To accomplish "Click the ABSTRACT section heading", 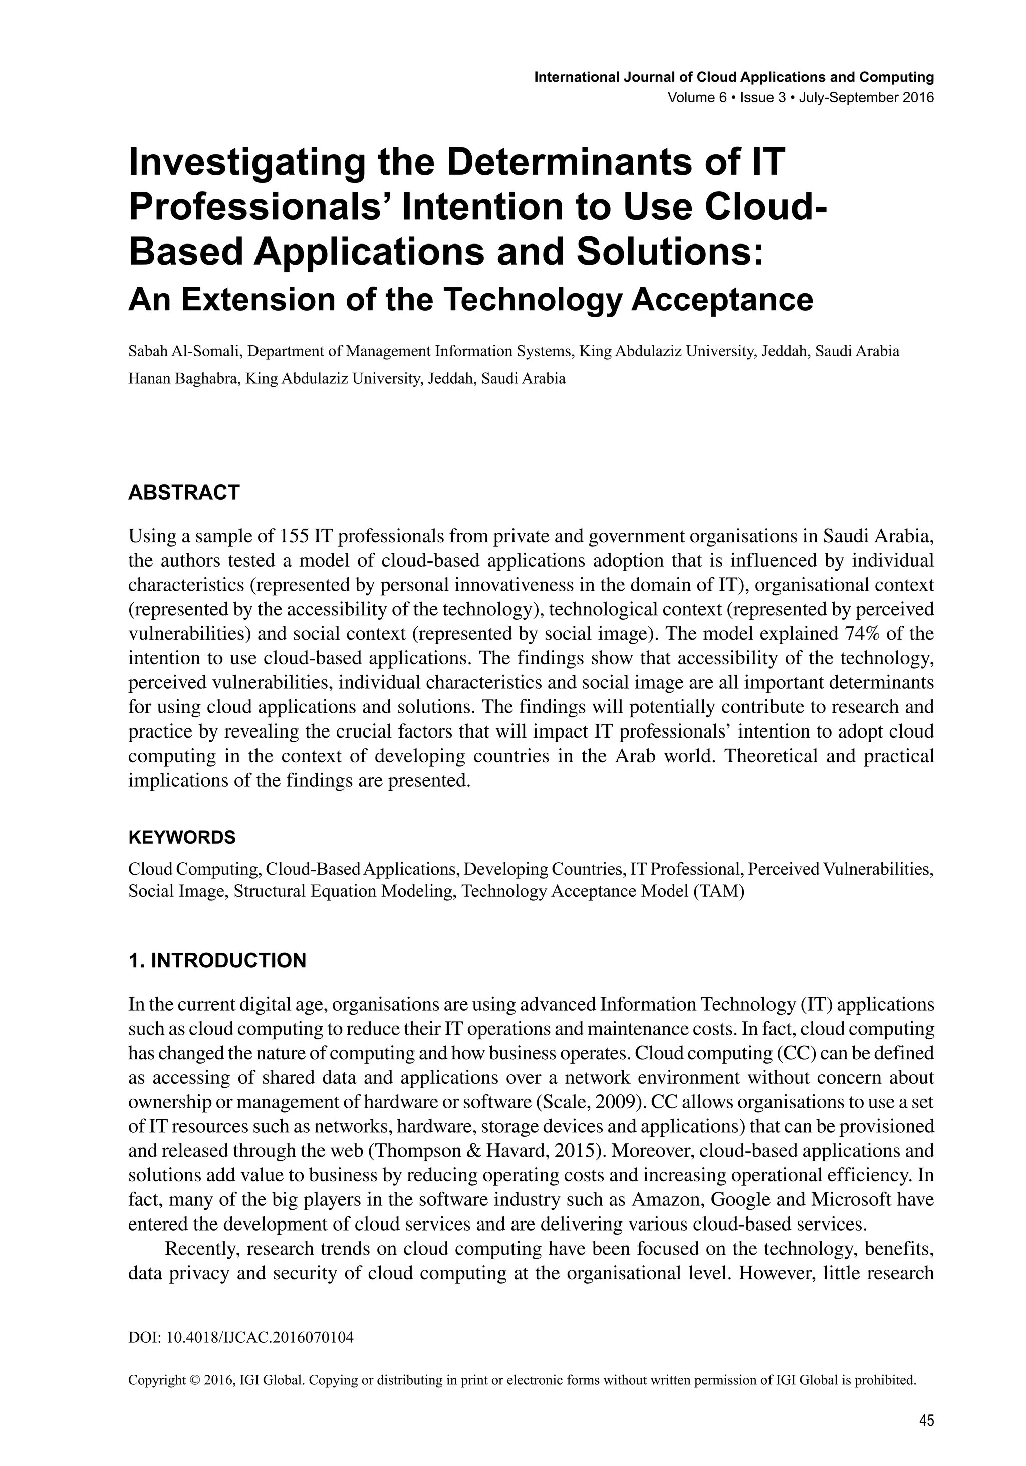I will pos(184,493).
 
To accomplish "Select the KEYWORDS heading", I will pos(182,837).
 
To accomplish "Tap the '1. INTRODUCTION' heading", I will pos(217,960).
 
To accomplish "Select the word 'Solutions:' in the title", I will pos(670,252).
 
